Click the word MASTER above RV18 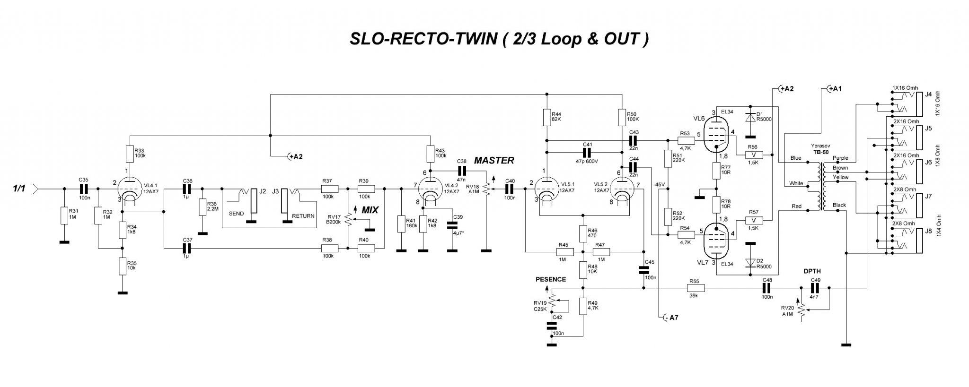(x=494, y=161)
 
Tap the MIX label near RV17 (x=370, y=210)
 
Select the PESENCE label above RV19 (x=551, y=279)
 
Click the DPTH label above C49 (x=812, y=271)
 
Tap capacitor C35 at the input (x=83, y=188)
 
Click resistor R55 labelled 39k (x=694, y=288)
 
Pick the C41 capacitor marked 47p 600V (x=587, y=152)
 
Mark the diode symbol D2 (x=749, y=263)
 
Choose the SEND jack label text (x=236, y=214)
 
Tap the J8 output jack (x=916, y=239)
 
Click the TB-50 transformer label (x=821, y=152)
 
